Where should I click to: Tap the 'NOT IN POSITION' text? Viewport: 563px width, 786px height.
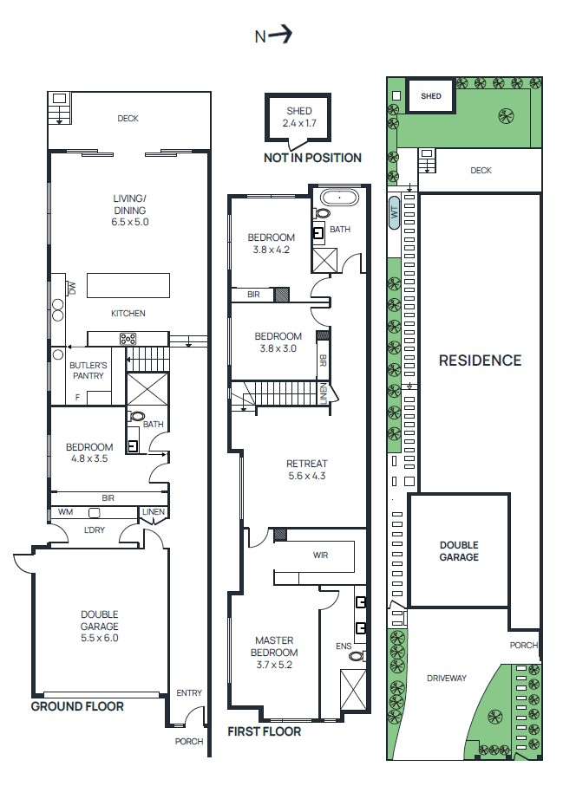coord(312,158)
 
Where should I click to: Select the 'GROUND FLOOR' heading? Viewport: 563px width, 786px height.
coord(77,706)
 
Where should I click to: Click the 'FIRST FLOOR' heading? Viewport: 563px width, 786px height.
coord(264,731)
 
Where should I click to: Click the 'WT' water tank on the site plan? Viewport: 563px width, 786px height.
coord(394,212)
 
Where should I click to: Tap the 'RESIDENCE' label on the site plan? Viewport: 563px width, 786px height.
coord(480,361)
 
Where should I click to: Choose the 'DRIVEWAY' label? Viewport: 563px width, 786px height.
coord(446,678)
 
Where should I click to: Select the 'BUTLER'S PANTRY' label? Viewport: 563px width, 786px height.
coord(88,371)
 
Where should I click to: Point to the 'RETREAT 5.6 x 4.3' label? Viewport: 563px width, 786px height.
coord(305,469)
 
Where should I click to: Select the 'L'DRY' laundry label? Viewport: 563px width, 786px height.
coord(95,529)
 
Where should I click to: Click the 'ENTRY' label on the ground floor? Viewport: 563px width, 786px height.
coord(188,692)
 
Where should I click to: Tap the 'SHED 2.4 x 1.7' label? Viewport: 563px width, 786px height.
coord(299,117)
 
